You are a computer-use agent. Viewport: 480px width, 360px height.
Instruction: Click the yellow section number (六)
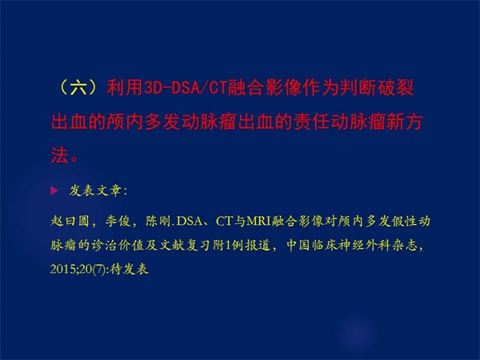click(x=78, y=88)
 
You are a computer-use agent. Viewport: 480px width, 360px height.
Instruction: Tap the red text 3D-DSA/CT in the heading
click(x=185, y=88)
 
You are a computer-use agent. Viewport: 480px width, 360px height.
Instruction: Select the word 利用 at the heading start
click(x=125, y=88)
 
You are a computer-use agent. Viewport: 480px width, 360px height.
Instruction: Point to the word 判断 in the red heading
click(x=358, y=88)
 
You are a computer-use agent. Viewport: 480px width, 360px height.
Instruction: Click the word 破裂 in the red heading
click(x=395, y=88)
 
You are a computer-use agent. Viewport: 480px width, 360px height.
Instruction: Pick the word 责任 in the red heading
click(x=312, y=122)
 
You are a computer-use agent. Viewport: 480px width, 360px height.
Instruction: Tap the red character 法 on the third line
click(x=59, y=155)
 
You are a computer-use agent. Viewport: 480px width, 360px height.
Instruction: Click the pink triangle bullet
click(x=54, y=191)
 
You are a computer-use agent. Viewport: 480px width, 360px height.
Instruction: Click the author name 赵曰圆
click(x=70, y=221)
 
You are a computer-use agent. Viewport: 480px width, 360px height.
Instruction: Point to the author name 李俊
click(x=118, y=221)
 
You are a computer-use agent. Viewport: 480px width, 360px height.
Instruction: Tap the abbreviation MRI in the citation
click(x=259, y=221)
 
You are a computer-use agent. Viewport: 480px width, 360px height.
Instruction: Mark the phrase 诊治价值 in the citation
click(x=118, y=246)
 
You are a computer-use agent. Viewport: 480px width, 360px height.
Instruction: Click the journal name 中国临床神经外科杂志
click(x=352, y=246)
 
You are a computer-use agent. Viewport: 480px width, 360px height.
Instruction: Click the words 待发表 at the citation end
click(x=129, y=270)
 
